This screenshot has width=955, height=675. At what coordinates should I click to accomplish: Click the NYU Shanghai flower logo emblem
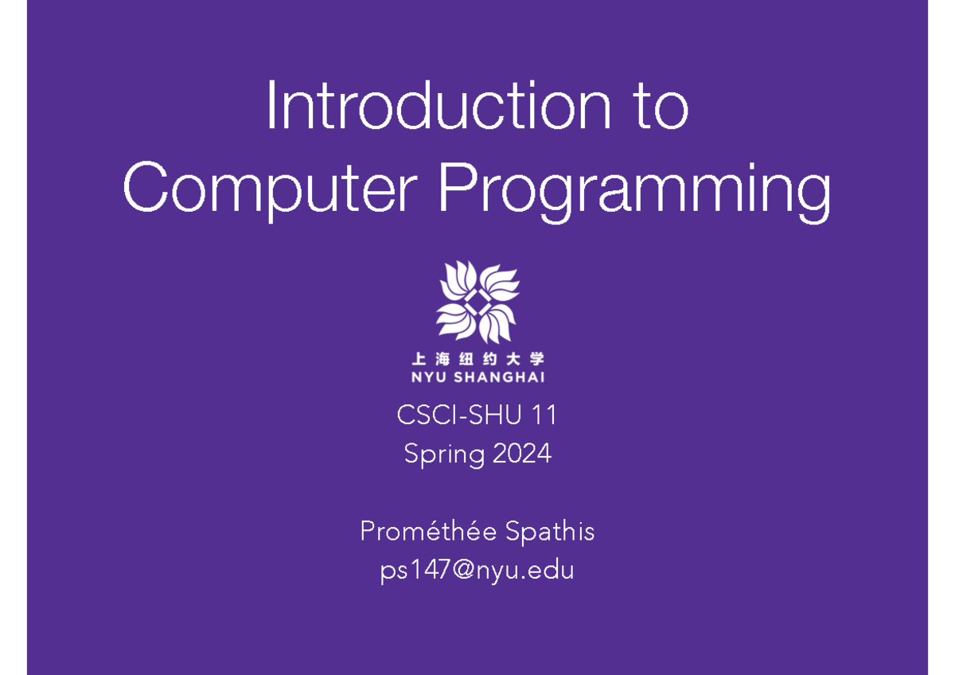tap(477, 302)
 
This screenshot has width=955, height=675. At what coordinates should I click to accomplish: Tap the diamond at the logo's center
tap(477, 302)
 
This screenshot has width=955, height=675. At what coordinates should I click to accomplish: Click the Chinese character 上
tap(417, 358)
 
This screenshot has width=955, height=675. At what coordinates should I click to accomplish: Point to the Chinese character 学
tap(538, 358)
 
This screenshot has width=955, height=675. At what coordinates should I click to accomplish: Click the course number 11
tap(545, 415)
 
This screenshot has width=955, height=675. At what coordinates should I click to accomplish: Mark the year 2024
tap(521, 454)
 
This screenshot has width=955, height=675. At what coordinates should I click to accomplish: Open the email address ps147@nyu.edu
tap(477, 571)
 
